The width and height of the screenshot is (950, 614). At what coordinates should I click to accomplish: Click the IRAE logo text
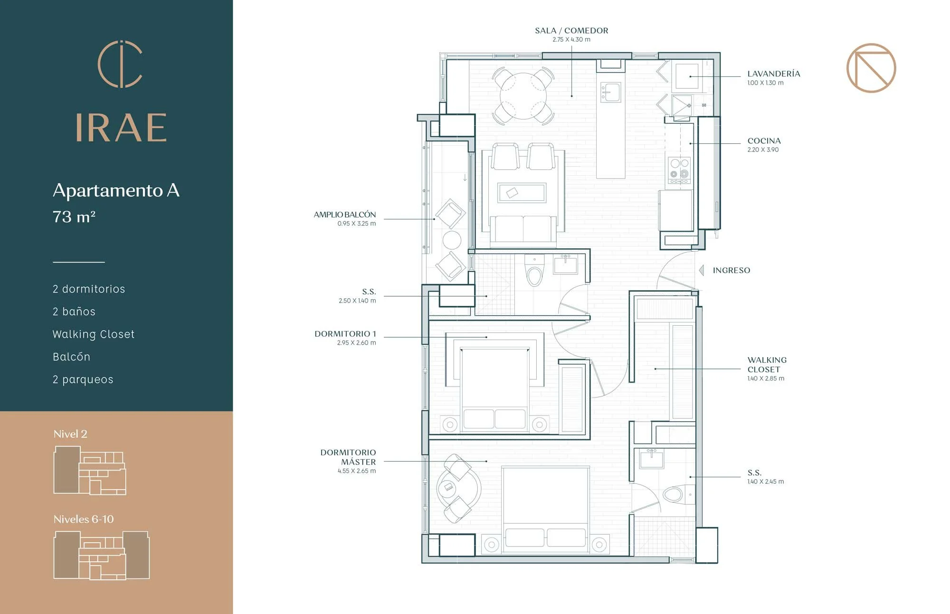pyautogui.click(x=121, y=128)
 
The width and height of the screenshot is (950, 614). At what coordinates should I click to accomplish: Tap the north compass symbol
pyautogui.click(x=871, y=68)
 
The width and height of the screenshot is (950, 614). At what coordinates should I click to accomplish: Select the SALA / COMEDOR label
pyautogui.click(x=571, y=30)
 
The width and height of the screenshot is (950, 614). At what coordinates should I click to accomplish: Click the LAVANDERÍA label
pyautogui.click(x=774, y=74)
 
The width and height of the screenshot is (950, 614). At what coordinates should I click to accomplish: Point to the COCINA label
pyautogui.click(x=764, y=141)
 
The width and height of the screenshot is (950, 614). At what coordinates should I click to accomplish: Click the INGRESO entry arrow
pyautogui.click(x=701, y=270)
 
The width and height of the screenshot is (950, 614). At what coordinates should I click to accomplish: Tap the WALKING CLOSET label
pyautogui.click(x=767, y=365)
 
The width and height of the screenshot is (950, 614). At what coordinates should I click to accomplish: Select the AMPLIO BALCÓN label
pyautogui.click(x=345, y=215)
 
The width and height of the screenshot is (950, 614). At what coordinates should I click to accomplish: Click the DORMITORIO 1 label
pyautogui.click(x=345, y=334)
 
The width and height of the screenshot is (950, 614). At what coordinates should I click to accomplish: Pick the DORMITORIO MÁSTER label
pyautogui.click(x=348, y=457)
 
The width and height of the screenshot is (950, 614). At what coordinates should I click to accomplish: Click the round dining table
pyautogui.click(x=523, y=95)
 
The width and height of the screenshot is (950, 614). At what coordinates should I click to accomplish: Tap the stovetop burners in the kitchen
pyautogui.click(x=679, y=170)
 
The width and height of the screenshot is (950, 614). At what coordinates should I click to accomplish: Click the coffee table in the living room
pyautogui.click(x=522, y=193)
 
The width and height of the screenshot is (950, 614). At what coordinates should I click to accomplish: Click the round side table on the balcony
pyautogui.click(x=452, y=240)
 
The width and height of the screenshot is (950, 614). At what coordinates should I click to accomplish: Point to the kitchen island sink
pyautogui.click(x=611, y=92)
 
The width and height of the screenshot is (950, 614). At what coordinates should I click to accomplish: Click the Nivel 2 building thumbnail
pyautogui.click(x=90, y=470)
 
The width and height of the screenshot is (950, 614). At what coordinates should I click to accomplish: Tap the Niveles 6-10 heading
pyautogui.click(x=84, y=519)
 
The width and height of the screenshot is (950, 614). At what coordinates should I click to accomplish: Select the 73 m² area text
pyautogui.click(x=74, y=217)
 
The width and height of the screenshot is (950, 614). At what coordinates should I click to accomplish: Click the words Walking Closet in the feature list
pyautogui.click(x=94, y=334)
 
